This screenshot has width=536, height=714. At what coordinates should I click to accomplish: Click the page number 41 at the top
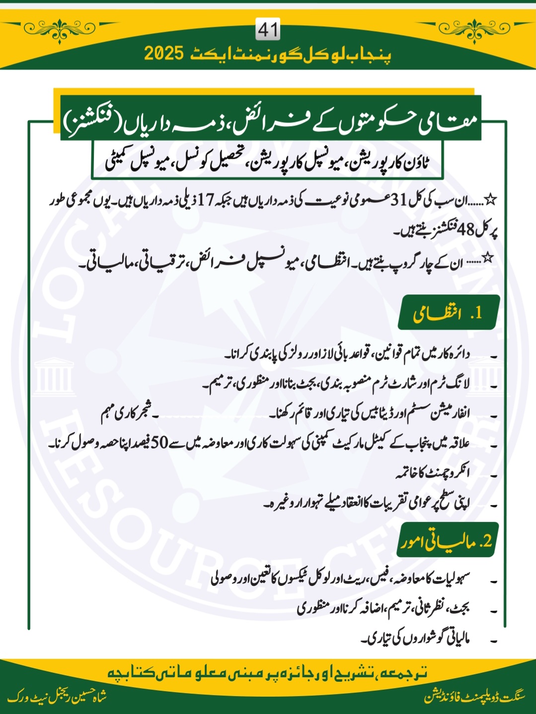[268, 30]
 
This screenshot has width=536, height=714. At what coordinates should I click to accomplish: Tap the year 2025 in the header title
[164, 54]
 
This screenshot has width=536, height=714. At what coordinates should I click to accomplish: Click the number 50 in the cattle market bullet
[160, 443]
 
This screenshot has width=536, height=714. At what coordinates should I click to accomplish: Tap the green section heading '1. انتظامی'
[449, 313]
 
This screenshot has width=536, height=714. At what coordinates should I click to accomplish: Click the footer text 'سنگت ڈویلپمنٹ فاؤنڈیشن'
[474, 697]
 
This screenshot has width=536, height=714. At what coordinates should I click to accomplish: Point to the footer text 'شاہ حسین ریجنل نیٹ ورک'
[57, 697]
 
